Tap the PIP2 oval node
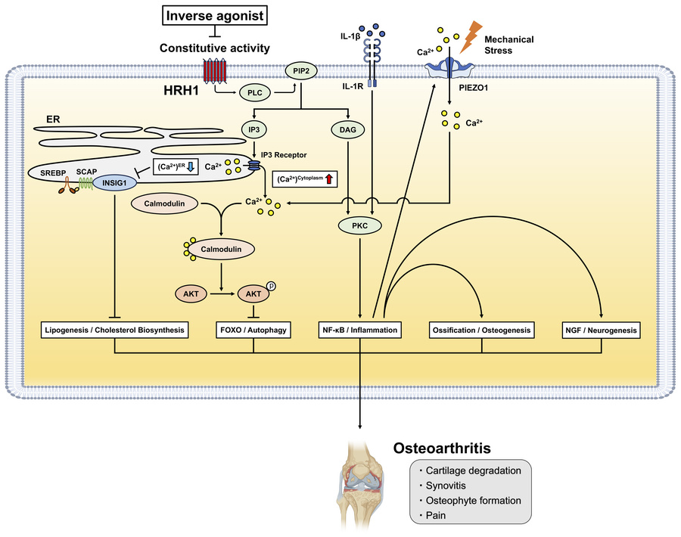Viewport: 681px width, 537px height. pyautogui.click(x=301, y=73)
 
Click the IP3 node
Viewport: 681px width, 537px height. pyautogui.click(x=254, y=129)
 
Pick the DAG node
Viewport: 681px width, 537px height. pyautogui.click(x=349, y=129)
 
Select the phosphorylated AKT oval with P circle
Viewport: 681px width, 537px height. pyautogui.click(x=253, y=292)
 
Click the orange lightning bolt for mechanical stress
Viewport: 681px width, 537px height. pyautogui.click(x=470, y=34)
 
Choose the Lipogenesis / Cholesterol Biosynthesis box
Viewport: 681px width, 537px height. pyautogui.click(x=115, y=330)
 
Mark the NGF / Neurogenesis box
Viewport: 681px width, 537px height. pyautogui.click(x=602, y=330)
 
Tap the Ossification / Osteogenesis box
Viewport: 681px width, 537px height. pyautogui.click(x=482, y=330)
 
